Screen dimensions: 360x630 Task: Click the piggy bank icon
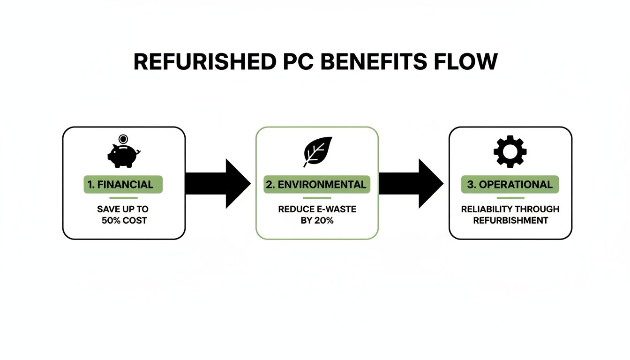click(x=123, y=156)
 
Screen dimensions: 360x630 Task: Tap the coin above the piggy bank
click(x=123, y=139)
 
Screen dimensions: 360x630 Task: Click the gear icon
click(x=510, y=151)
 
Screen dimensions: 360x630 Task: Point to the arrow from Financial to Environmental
click(x=218, y=184)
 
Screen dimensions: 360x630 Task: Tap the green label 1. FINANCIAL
click(x=123, y=184)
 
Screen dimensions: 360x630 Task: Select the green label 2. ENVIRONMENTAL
click(x=316, y=184)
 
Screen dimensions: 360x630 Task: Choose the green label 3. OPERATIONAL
click(x=510, y=184)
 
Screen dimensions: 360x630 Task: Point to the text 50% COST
click(x=124, y=220)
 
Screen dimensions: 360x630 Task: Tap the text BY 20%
click(x=317, y=220)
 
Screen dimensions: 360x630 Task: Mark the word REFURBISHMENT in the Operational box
click(x=510, y=220)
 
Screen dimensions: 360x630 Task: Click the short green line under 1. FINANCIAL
click(x=123, y=198)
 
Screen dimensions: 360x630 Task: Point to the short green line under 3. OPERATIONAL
click(x=510, y=198)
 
